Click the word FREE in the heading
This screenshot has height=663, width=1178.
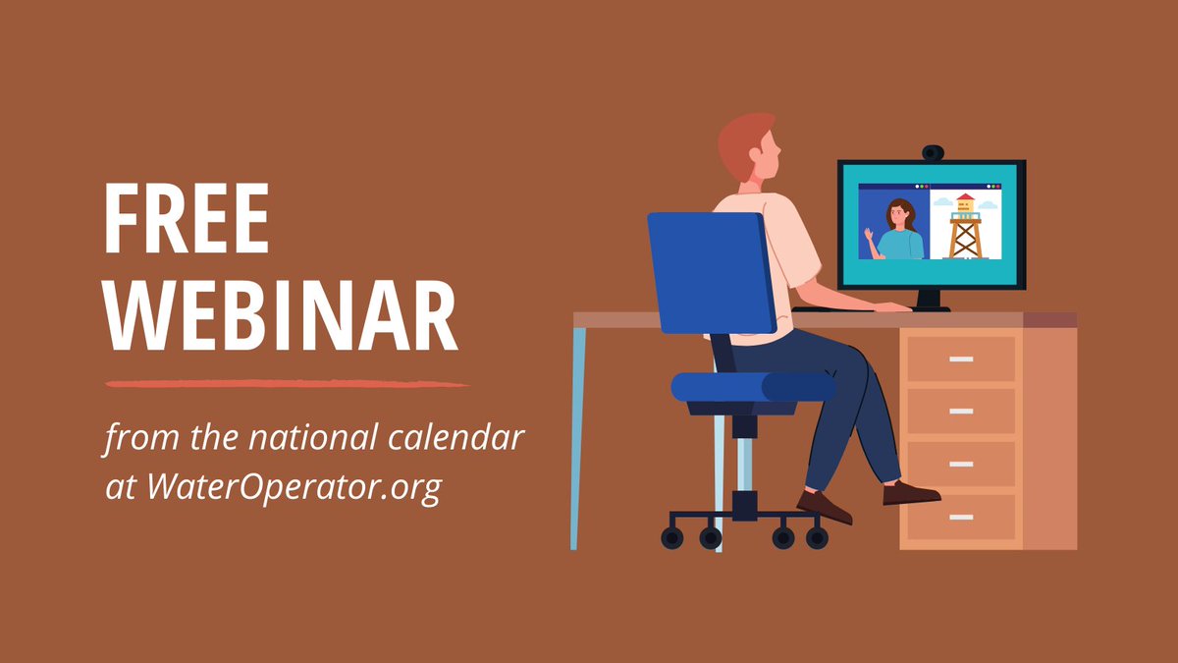[187, 221]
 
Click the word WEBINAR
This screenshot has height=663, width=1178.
[282, 316]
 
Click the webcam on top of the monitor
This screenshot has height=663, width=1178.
[933, 153]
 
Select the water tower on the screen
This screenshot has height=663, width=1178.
[965, 227]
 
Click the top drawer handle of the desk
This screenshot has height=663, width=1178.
[961, 359]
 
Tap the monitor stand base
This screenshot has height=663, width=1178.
[927, 307]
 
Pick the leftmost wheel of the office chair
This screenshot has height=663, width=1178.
[672, 537]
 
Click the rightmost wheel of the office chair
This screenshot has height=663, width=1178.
[817, 537]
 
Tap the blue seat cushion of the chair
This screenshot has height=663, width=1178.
[751, 386]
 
